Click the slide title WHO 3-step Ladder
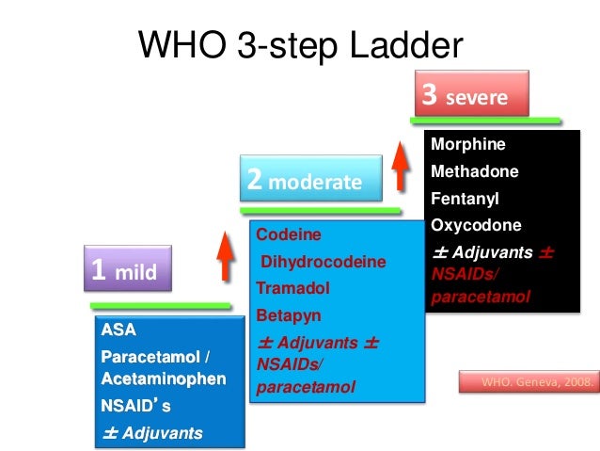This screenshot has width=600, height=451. pyautogui.click(x=300, y=45)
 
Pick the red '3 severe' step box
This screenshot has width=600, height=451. pyautogui.click(x=471, y=96)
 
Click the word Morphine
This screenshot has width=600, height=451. pyautogui.click(x=467, y=145)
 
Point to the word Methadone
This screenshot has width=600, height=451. pyautogui.click(x=474, y=172)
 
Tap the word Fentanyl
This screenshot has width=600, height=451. pyautogui.click(x=465, y=200)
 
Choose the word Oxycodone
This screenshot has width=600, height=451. pyautogui.click(x=475, y=226)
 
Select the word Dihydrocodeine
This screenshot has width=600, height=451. pyautogui.click(x=324, y=262)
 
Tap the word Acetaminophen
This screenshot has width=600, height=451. pyautogui.click(x=164, y=379)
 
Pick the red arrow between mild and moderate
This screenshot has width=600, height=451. pyautogui.click(x=225, y=256)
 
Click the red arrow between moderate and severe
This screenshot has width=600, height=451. pyautogui.click(x=401, y=167)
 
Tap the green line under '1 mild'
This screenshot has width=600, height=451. pyautogui.click(x=160, y=306)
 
